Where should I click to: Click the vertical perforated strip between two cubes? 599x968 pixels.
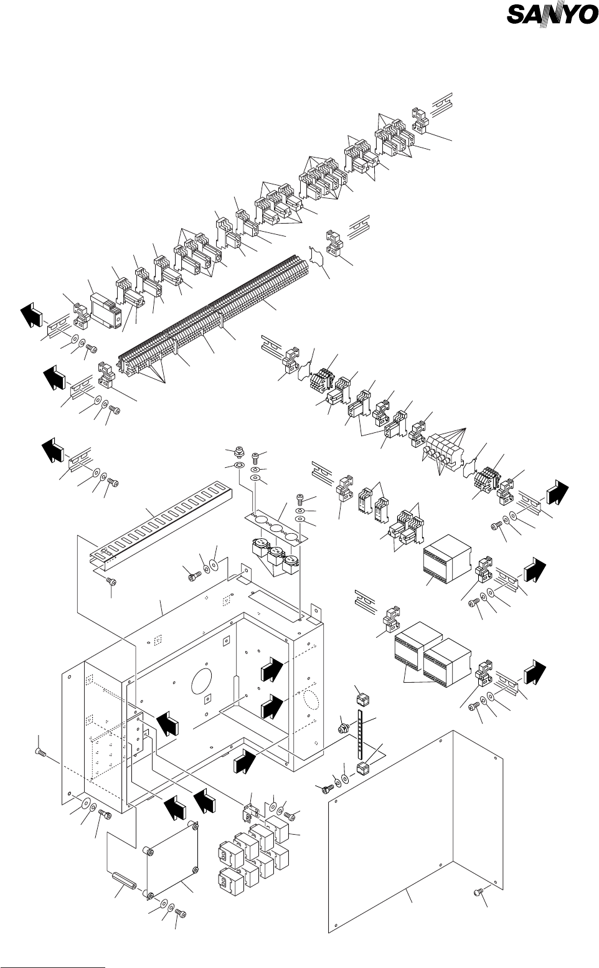[x=360, y=734]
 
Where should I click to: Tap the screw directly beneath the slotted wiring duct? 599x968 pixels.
[x=111, y=582]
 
